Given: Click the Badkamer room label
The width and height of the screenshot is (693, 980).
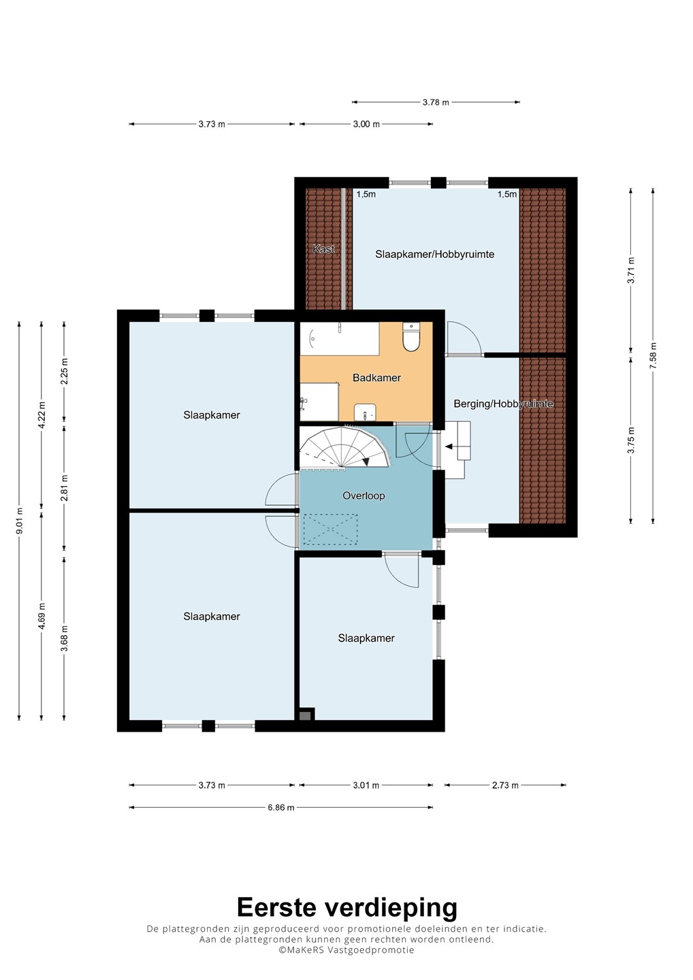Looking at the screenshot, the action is point(376,378).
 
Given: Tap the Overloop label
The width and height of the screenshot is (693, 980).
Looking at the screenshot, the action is point(363,495).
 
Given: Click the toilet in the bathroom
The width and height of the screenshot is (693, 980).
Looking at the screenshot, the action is point(410,338).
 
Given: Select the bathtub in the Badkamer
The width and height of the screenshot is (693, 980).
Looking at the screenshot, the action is point(340,339).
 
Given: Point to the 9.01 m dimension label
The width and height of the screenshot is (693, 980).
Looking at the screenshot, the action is point(19,521).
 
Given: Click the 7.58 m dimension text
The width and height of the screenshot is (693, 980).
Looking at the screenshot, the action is point(654,355).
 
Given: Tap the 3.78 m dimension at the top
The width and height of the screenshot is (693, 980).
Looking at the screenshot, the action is point(436,102).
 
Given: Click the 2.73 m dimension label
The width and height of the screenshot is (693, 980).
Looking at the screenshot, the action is point(505,785).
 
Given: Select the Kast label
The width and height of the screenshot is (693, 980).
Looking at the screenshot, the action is point(324,249).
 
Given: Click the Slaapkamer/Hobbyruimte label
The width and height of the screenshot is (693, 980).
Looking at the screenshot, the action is point(434,255).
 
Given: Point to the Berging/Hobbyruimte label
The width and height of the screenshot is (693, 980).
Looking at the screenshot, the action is point(503,404).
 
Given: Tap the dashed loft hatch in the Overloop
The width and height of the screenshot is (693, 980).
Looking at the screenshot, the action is point(330,529).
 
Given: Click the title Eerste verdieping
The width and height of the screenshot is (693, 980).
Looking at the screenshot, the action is point(347,909).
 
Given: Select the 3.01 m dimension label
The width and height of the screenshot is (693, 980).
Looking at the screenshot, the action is point(366,785).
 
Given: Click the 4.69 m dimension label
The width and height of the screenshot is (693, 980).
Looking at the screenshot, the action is point(42,616).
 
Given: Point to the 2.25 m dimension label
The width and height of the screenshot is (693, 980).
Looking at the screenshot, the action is point(64,371).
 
